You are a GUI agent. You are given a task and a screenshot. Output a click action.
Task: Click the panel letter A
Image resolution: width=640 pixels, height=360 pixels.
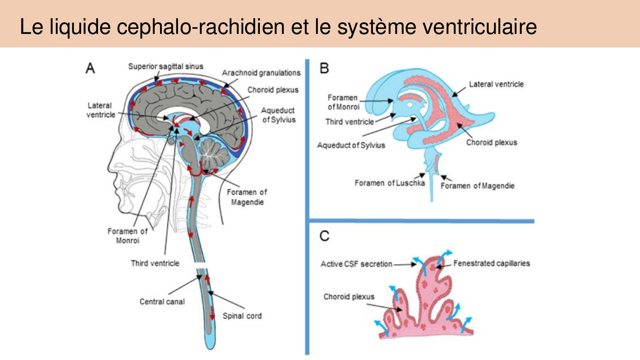[x=90, y=68]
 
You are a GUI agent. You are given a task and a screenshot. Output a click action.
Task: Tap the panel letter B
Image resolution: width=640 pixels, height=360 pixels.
[x=324, y=68]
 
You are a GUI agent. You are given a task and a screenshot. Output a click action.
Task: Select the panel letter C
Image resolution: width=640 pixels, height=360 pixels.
[x=324, y=236]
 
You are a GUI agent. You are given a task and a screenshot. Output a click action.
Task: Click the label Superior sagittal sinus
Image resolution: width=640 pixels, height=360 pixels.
[x=165, y=66]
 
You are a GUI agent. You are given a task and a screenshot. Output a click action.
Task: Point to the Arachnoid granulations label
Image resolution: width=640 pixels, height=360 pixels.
[x=261, y=73]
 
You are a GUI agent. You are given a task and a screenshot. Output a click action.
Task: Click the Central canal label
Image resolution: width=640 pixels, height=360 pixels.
[x=162, y=301]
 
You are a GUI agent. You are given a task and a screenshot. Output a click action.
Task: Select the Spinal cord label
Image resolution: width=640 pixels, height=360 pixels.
[x=242, y=316]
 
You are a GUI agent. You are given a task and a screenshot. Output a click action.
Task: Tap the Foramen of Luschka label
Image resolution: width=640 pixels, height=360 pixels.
[x=389, y=183]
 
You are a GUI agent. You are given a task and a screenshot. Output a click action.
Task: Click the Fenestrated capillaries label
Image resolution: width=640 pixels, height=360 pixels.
[x=492, y=263]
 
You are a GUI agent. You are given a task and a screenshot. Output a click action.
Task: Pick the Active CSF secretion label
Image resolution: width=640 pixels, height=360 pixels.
[x=356, y=264]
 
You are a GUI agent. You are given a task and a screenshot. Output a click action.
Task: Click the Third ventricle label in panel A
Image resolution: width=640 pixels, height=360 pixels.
[x=155, y=263]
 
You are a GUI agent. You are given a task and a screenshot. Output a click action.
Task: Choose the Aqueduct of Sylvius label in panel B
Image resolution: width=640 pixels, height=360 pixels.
[x=351, y=145]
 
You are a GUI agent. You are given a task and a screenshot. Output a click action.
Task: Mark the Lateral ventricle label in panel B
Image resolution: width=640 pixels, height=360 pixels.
[x=496, y=84]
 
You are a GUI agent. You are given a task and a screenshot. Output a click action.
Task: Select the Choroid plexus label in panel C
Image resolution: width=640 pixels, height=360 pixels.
[x=349, y=297]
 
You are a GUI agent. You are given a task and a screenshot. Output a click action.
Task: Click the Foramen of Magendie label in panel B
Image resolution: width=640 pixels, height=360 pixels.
[x=477, y=186]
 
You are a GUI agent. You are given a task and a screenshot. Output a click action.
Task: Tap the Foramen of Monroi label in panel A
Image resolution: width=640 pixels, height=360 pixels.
[x=127, y=236]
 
